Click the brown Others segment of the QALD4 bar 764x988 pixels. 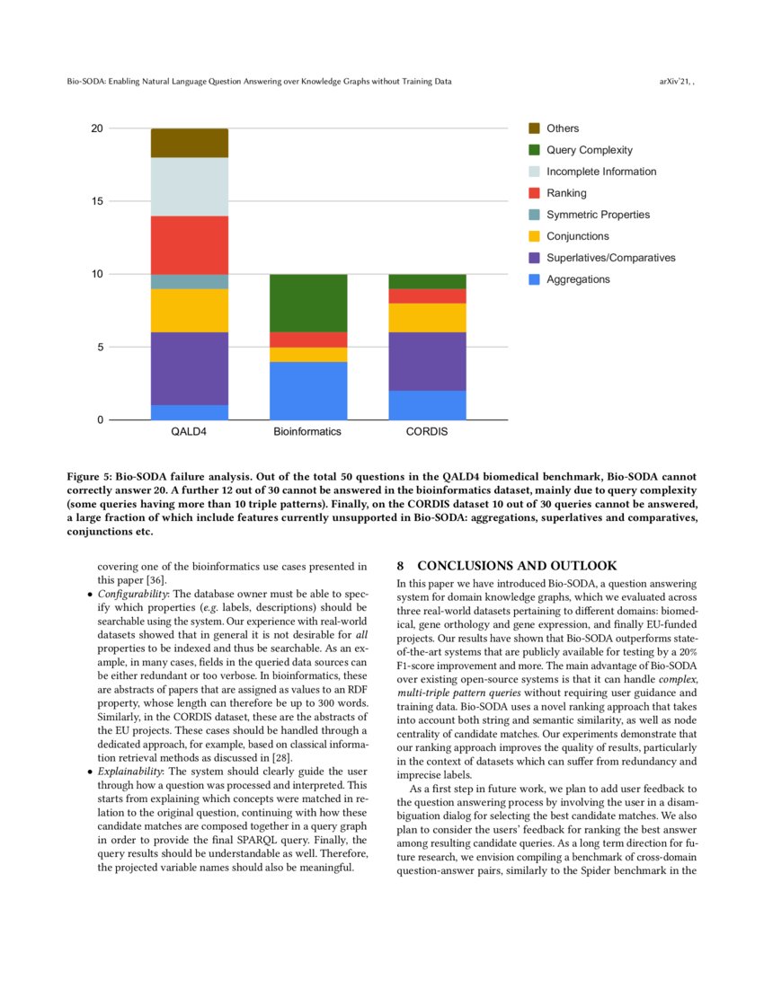(x=189, y=143)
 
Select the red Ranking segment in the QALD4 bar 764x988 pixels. (x=189, y=245)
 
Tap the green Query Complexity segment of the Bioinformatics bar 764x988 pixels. (x=308, y=303)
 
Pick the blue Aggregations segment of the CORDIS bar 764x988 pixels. (x=427, y=405)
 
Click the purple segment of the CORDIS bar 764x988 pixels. (x=427, y=361)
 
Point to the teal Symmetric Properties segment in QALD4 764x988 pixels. (x=189, y=281)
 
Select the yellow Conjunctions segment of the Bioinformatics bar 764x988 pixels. (x=308, y=354)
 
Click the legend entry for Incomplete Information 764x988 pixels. (x=600, y=172)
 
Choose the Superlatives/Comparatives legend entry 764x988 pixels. (x=610, y=258)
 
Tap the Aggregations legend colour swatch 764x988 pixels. (x=534, y=279)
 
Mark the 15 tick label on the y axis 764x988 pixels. (x=96, y=201)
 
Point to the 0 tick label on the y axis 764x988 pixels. (x=99, y=420)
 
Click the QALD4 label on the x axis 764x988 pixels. (x=189, y=432)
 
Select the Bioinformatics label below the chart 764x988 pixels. (x=308, y=432)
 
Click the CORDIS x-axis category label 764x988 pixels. (x=427, y=432)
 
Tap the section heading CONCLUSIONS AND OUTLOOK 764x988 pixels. (x=517, y=566)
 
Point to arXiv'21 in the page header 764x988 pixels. (x=676, y=82)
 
